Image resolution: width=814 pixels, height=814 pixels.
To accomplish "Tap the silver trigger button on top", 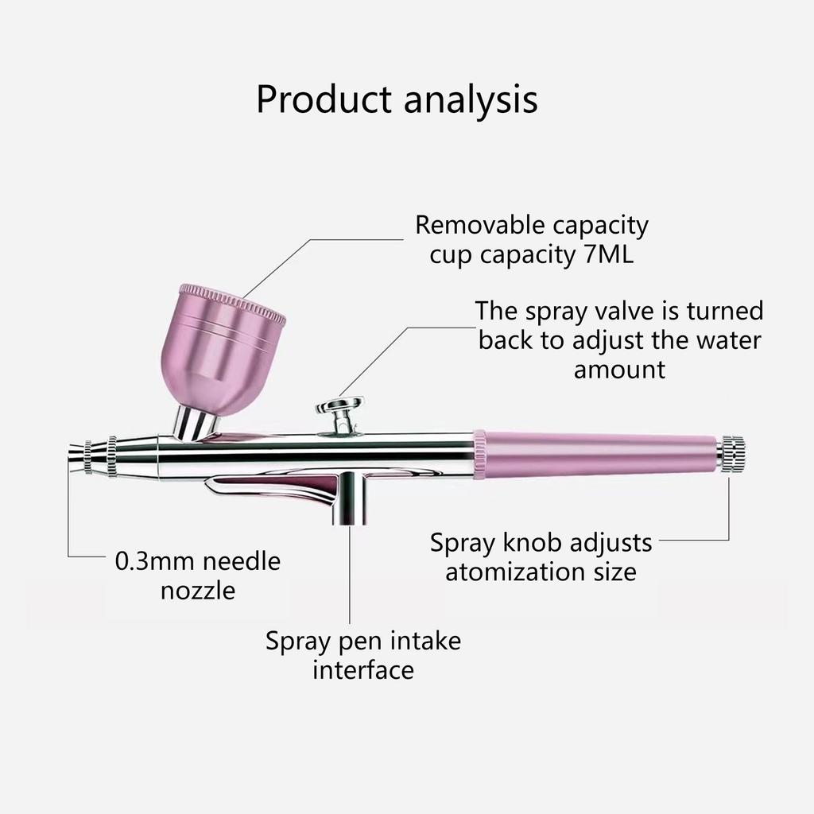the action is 340,408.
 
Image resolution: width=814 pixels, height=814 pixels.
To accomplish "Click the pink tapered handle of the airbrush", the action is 596,455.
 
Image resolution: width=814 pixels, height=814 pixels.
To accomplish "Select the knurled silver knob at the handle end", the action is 732,454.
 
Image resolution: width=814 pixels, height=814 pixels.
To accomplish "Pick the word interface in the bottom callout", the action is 362,669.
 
